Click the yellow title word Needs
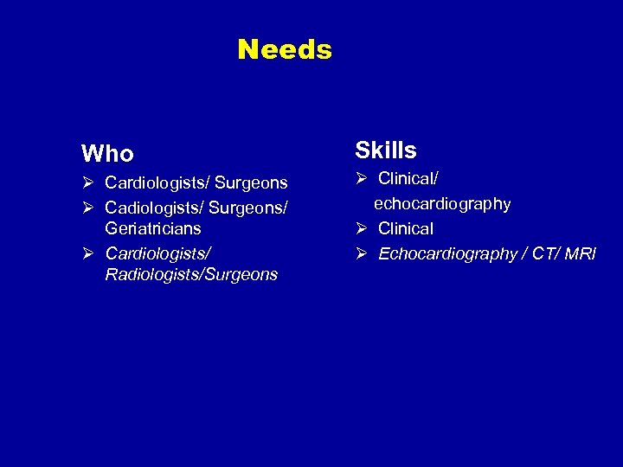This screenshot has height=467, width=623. pyautogui.click(x=285, y=49)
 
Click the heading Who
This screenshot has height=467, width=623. pyautogui.click(x=107, y=154)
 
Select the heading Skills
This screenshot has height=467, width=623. pyautogui.click(x=386, y=150)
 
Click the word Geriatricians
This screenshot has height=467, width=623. pyautogui.click(x=153, y=228)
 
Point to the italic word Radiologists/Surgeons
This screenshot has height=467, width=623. pyautogui.click(x=191, y=275)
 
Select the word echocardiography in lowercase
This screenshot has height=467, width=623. pyautogui.click(x=442, y=204)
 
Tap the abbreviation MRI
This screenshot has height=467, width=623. pyautogui.click(x=580, y=253)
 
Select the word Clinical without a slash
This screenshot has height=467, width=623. pyautogui.click(x=406, y=229)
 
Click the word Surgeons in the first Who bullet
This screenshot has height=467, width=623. pyautogui.click(x=251, y=182)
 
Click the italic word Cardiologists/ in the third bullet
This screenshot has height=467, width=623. pyautogui.click(x=157, y=253)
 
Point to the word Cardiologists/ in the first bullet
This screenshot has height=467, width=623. pyautogui.click(x=157, y=182)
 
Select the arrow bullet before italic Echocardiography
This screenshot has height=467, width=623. pyautogui.click(x=362, y=253)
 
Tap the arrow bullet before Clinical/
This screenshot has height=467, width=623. pyautogui.click(x=362, y=179)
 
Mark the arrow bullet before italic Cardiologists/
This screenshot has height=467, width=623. pyautogui.click(x=87, y=253)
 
